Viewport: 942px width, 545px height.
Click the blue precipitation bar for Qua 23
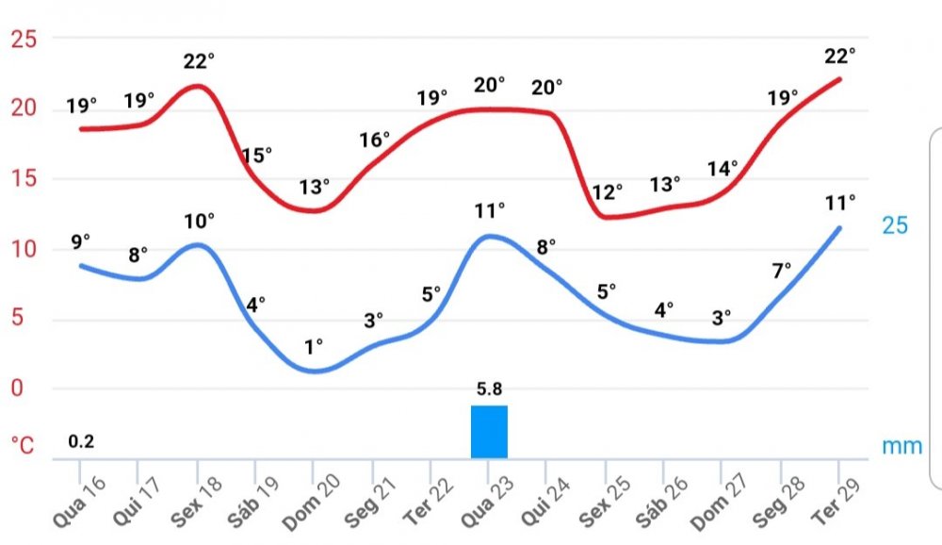pos(489,432)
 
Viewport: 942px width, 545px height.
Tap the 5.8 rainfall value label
pos(489,387)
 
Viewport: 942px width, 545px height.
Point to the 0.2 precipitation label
pos(81,440)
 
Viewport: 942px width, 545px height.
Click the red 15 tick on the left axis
pos(23,178)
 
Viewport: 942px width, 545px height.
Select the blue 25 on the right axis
pos(895,225)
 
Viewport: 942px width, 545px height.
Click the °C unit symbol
pos(23,444)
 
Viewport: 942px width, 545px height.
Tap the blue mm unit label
pos(901,446)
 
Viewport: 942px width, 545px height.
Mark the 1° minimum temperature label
pos(314,345)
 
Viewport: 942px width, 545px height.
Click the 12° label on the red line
pos(608,192)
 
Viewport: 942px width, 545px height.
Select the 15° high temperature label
pos(256,155)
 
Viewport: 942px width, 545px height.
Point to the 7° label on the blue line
pos(783,272)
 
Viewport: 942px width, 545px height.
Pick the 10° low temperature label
pos(199,221)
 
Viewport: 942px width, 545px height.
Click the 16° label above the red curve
pos(374,140)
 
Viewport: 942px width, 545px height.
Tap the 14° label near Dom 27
pos(723,169)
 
